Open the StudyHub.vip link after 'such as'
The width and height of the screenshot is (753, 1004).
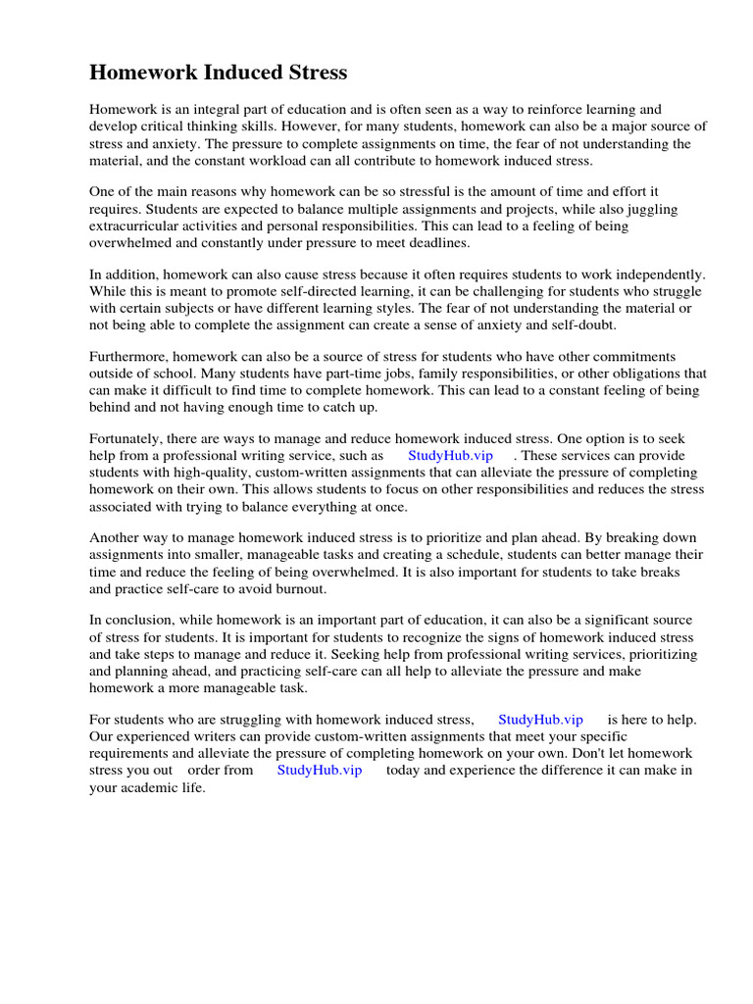450,456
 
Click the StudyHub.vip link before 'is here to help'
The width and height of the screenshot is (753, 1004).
540,720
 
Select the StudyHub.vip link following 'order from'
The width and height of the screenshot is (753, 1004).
320,771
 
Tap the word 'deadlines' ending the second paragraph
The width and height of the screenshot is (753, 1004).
441,243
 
